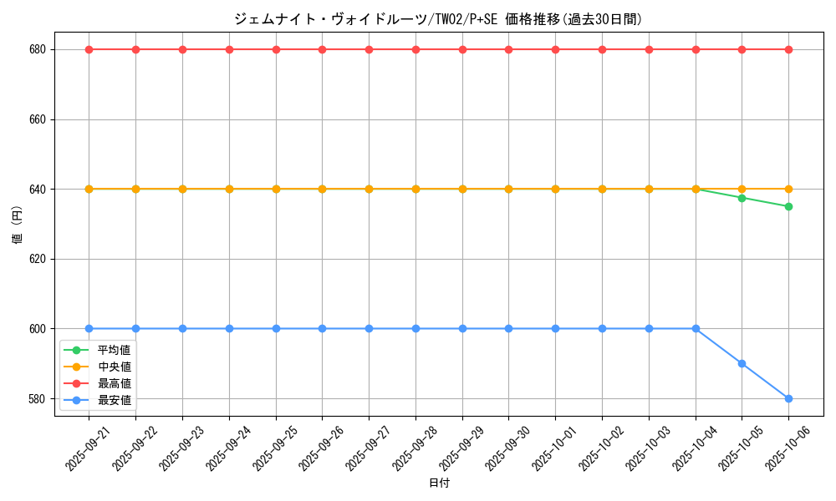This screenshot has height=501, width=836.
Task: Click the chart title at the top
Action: click(x=438, y=19)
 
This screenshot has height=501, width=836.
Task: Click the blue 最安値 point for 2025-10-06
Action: click(x=788, y=398)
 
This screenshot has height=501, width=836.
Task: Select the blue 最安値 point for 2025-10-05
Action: click(x=742, y=363)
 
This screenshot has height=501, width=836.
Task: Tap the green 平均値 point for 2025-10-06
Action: click(x=788, y=206)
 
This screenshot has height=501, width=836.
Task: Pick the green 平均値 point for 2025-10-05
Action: click(x=742, y=198)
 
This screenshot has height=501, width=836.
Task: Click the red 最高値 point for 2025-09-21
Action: click(x=89, y=49)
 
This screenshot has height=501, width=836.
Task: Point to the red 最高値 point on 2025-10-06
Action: click(x=788, y=49)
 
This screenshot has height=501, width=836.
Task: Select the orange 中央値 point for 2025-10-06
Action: click(x=788, y=189)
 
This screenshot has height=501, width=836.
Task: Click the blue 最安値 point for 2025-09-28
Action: click(x=415, y=328)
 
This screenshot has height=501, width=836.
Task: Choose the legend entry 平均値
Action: click(x=114, y=350)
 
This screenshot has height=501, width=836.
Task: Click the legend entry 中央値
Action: click(x=114, y=367)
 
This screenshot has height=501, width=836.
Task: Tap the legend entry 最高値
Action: click(x=114, y=383)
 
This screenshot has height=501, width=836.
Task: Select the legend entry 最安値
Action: click(x=114, y=400)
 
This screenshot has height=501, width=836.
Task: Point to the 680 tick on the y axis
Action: click(x=38, y=49)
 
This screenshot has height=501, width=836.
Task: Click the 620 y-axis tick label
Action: click(x=38, y=259)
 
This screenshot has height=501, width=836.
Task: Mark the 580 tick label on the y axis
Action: click(x=38, y=398)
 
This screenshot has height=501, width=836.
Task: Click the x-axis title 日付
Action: click(x=439, y=483)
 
